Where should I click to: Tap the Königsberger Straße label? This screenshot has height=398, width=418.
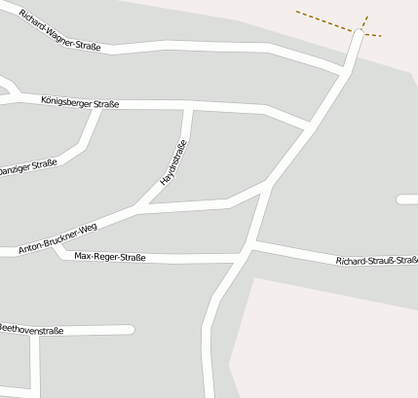80,101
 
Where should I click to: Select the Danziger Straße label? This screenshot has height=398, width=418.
28,168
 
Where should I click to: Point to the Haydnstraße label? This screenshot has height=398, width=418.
173,163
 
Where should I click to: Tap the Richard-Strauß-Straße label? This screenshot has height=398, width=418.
376,261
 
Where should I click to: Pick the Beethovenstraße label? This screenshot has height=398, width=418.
31,331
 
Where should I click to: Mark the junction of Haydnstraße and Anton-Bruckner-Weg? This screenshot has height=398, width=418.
142,207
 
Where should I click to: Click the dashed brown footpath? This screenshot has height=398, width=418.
326,21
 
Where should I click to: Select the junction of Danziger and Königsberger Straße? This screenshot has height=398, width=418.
96,107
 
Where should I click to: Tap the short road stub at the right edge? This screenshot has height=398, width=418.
407,199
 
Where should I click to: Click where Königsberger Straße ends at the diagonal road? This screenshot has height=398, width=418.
308,127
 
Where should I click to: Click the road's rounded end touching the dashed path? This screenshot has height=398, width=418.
360,34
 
